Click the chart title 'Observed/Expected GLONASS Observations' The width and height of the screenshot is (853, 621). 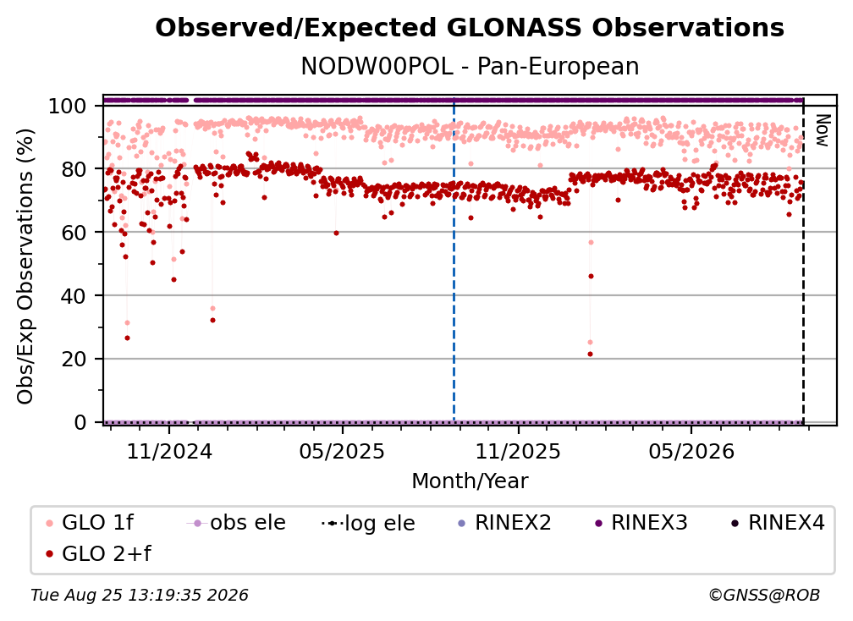click(470, 28)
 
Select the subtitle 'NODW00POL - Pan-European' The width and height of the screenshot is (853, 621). click(470, 66)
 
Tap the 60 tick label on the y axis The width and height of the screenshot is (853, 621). click(74, 233)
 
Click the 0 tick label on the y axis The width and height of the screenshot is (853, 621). click(80, 422)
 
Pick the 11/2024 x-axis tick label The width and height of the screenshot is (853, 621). click(169, 451)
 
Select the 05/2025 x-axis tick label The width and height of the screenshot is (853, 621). click(342, 451)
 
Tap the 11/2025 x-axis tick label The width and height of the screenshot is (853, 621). click(518, 451)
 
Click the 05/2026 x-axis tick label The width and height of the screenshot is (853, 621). click(691, 451)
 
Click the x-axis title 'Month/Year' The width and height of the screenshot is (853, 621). click(470, 481)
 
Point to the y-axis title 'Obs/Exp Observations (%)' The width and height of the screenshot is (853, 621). click(25, 267)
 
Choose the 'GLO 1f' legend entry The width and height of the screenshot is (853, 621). click(91, 523)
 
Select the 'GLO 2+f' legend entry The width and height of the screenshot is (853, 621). click(98, 554)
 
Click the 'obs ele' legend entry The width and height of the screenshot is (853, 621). click(235, 523)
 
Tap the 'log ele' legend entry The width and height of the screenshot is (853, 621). click(368, 524)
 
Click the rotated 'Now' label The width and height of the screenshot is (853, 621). click(822, 130)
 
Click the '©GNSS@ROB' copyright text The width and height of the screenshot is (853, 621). click(764, 595)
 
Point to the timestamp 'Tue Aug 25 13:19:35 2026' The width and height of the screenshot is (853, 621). click(140, 596)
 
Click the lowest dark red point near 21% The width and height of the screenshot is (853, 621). click(591, 354)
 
